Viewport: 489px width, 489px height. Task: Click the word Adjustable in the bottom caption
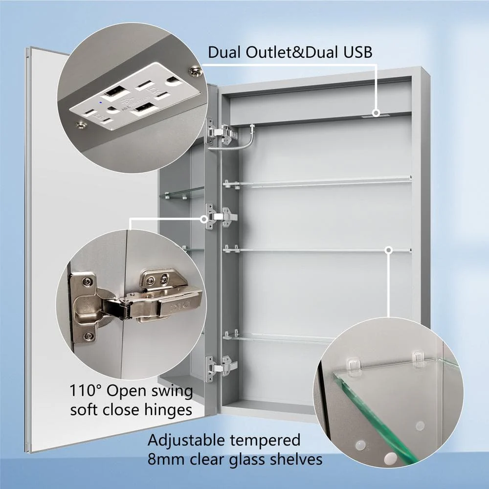187,441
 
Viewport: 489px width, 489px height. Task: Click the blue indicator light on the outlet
100,102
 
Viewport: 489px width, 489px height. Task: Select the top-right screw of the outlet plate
196,71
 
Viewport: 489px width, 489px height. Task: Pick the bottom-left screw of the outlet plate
82,125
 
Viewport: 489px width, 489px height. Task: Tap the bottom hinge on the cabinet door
221,368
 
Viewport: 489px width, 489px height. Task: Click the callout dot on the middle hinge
204,219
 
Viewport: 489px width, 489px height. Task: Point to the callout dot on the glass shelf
388,250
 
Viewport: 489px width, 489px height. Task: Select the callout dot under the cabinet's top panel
377,113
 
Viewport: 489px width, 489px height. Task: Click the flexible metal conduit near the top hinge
233,140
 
